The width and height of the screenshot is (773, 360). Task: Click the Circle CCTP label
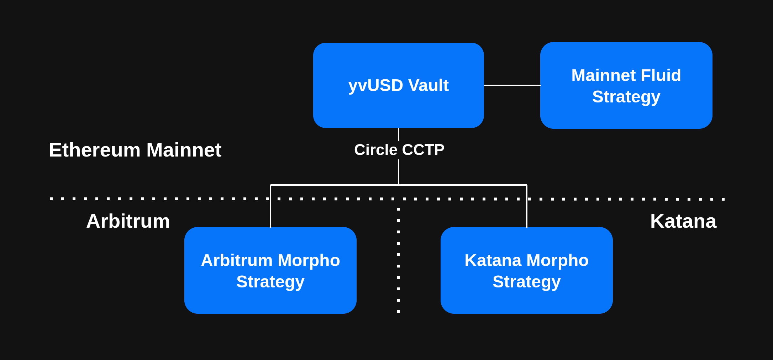[399, 150]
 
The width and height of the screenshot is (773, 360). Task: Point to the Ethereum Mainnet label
[135, 150]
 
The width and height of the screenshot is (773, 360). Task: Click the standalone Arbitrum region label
[128, 221]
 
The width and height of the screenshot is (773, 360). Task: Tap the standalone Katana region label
[683, 221]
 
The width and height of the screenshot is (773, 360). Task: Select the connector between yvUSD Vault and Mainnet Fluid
[512, 85]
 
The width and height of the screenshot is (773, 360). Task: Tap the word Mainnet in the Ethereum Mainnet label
[184, 150]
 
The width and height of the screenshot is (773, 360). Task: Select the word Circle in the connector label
[375, 150]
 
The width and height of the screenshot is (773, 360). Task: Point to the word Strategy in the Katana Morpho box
[526, 282]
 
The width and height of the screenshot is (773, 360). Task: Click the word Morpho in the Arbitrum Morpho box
[309, 260]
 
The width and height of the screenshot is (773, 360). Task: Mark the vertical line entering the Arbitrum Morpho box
[270, 213]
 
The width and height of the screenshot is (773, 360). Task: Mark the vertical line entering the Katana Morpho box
[527, 213]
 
